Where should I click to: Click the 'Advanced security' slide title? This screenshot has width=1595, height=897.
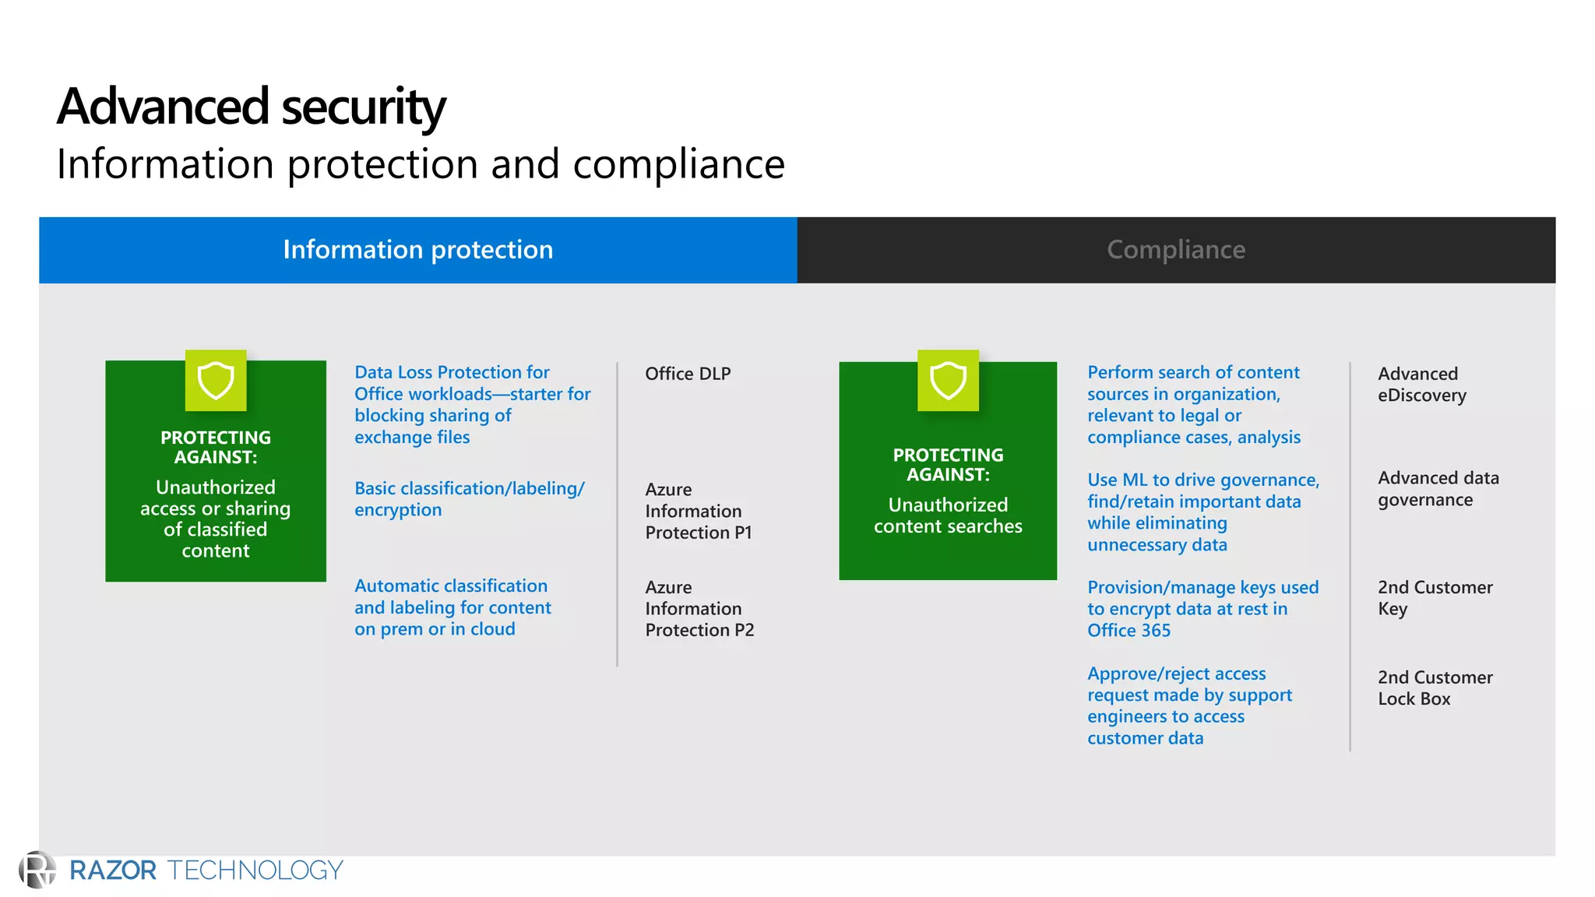coord(251,107)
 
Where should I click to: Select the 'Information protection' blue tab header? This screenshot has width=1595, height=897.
coord(418,250)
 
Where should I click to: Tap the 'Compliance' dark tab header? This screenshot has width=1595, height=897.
coord(1176,250)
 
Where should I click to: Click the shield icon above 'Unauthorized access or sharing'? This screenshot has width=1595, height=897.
coord(216,381)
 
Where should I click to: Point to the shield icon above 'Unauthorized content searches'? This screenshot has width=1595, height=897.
coord(948,381)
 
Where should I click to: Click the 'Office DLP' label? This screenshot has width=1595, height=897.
coord(688,374)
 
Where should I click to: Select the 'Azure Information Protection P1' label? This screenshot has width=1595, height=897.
coord(698,511)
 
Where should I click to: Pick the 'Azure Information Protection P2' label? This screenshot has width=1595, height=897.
coord(699,609)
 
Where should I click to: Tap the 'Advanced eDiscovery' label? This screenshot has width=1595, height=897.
coord(1421,385)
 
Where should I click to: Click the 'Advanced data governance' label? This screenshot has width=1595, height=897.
coord(1438,489)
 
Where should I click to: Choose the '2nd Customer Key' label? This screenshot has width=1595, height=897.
coord(1435,598)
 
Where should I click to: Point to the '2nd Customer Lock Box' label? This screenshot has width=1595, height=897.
coord(1435,688)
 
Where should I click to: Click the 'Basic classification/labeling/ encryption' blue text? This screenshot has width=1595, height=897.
coord(469,499)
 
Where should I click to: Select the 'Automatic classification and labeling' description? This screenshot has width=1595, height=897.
coord(452,607)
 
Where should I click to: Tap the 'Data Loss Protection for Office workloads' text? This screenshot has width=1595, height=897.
coord(472,405)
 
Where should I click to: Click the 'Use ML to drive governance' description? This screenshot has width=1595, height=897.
coord(1202,512)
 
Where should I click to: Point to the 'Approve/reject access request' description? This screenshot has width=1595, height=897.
coord(1189,705)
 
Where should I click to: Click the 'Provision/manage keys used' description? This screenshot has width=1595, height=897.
coord(1202,609)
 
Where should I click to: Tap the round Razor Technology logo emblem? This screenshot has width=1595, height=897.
coord(37,870)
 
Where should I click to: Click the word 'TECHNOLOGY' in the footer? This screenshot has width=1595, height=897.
coord(255,871)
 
